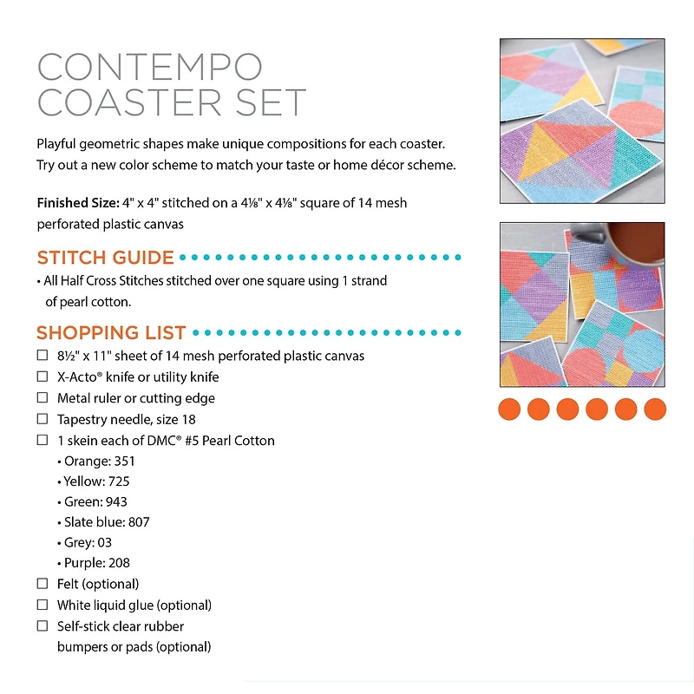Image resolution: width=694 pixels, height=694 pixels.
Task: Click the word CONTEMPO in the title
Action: [149, 66]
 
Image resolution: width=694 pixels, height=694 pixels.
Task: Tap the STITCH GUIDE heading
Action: [105, 258]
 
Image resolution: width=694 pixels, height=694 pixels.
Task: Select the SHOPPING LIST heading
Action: [111, 332]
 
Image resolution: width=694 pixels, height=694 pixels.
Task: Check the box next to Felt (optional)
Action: [43, 584]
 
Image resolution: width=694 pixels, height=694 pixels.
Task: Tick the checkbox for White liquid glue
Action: [43, 605]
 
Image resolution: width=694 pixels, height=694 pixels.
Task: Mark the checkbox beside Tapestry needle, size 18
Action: [43, 419]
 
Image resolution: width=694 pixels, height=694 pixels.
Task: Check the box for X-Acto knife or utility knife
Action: [43, 376]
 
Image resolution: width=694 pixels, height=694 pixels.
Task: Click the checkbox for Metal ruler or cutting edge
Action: [43, 397]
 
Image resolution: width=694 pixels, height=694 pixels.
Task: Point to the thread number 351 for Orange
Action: [124, 462]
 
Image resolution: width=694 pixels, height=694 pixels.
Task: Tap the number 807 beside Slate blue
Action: [138, 522]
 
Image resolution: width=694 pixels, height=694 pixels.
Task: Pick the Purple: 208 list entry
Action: [96, 563]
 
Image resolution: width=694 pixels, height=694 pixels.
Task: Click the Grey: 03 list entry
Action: [88, 543]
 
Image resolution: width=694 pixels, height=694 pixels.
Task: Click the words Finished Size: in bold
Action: [75, 203]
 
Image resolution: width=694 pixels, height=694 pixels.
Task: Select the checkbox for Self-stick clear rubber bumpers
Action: [43, 625]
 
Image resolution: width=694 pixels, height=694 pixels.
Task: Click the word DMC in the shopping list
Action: [143, 441]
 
